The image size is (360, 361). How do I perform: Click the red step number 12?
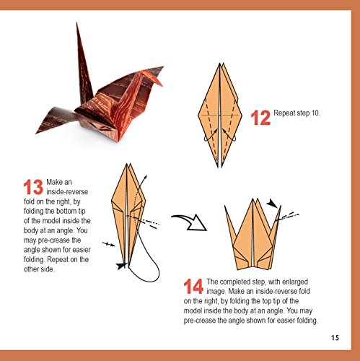point(260,118)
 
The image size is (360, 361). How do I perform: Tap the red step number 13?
point(33,187)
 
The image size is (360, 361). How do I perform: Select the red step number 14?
point(193,287)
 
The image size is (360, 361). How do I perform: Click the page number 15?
point(335,338)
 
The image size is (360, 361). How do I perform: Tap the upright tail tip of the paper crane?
point(77,24)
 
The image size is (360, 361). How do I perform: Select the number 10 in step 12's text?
point(315,113)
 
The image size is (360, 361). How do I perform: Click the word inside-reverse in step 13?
point(67,192)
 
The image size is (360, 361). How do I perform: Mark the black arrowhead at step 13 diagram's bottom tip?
point(121,266)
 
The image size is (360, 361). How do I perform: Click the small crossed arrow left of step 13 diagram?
point(109,245)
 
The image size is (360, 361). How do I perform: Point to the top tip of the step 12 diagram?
point(220,64)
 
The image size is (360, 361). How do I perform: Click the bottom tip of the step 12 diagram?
point(219,167)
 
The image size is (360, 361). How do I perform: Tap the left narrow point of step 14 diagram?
point(225,206)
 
